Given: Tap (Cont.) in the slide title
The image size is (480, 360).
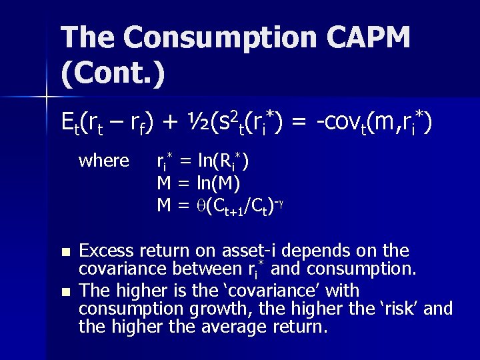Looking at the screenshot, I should point(113,73).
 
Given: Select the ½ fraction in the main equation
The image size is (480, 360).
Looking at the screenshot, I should point(193,123).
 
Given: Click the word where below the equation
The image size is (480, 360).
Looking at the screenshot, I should point(104,161).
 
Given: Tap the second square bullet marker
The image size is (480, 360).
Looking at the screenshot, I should point(65,292).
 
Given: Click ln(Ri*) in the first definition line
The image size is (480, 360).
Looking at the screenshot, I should point(223,161).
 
